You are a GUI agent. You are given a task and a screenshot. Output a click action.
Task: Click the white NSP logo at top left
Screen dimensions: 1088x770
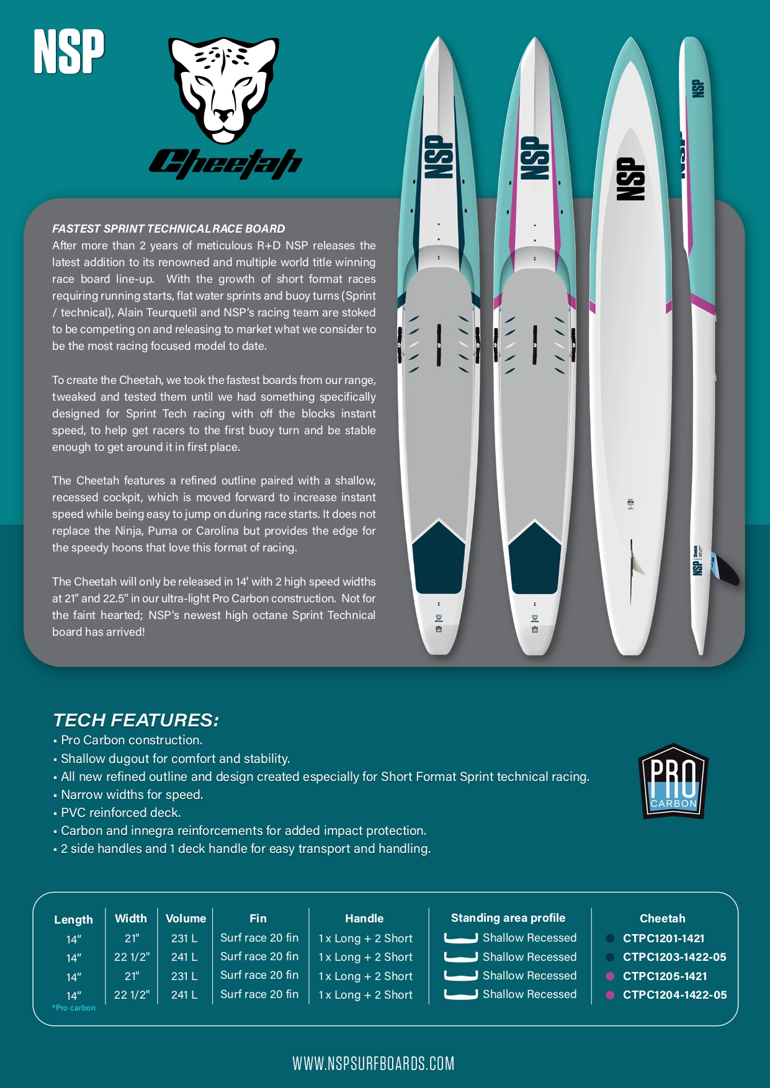tap(69, 52)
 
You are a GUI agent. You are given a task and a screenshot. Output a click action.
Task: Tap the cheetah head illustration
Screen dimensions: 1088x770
tap(223, 90)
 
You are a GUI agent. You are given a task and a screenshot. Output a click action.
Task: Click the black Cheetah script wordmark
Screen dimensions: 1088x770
tap(225, 164)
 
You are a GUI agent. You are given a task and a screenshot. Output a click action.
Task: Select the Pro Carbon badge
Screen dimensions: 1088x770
tap(673, 781)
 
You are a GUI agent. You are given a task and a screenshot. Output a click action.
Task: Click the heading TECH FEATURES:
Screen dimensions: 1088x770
tap(136, 720)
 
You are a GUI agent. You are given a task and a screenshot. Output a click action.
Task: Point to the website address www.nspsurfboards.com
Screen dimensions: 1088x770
tap(374, 1063)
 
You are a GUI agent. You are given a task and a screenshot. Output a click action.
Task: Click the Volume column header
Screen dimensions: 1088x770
tap(186, 918)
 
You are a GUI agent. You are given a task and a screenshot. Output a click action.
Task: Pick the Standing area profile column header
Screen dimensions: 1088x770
tap(508, 917)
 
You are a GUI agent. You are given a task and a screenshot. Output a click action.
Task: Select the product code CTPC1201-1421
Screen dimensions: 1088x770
tap(663, 939)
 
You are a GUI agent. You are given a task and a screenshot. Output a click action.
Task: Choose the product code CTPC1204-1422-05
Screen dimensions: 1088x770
tap(674, 994)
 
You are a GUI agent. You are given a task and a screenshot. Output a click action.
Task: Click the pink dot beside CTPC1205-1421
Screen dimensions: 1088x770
tap(610, 976)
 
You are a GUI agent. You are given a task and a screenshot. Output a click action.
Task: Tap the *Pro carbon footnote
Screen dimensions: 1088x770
tap(74, 1008)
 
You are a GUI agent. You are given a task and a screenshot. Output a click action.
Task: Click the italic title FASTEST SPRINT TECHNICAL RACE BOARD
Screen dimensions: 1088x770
tap(168, 228)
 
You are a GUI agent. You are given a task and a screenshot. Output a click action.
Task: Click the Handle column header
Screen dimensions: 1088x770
tap(364, 918)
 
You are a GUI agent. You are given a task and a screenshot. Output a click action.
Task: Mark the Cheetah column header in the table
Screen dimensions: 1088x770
tap(662, 918)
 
